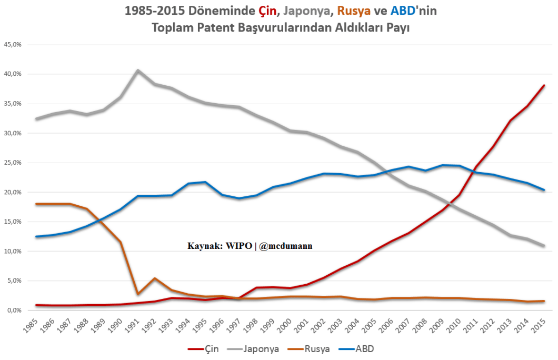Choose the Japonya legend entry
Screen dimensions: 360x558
(x=255, y=348)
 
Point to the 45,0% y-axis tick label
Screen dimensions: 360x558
(x=12, y=44)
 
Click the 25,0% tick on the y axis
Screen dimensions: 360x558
(x=12, y=163)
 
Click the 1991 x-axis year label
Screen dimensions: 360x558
(x=135, y=326)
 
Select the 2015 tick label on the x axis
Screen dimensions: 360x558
(x=540, y=326)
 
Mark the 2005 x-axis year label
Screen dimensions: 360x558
(x=371, y=326)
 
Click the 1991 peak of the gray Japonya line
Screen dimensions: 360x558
(x=137, y=70)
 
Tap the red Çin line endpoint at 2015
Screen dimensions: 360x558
(x=544, y=85)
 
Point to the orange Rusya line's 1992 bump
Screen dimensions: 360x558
(x=154, y=278)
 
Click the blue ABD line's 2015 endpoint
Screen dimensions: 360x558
(x=544, y=190)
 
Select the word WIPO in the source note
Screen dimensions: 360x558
(x=240, y=246)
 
